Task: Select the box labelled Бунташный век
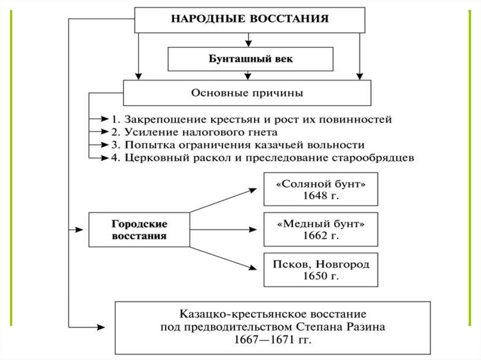250,59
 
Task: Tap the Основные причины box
247,92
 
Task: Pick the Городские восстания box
139,229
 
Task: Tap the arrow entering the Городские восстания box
78,230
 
